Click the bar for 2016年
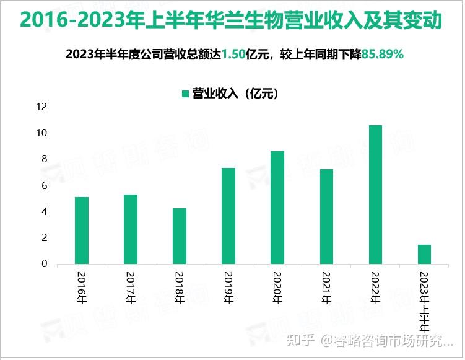coord(82,230)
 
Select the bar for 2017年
coord(131,229)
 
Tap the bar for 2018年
coord(180,236)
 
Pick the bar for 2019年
coord(228,216)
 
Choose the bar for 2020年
coord(277,208)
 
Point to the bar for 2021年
coord(326,216)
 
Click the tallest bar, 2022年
coord(375,195)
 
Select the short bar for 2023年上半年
coord(424,254)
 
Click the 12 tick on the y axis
coord(42,107)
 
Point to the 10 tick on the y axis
coord(42,133)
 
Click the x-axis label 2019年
coord(228,288)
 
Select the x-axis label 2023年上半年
coord(424,302)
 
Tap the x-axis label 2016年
coord(82,288)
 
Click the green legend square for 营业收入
coord(185,94)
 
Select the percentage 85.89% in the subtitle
coord(383,55)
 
